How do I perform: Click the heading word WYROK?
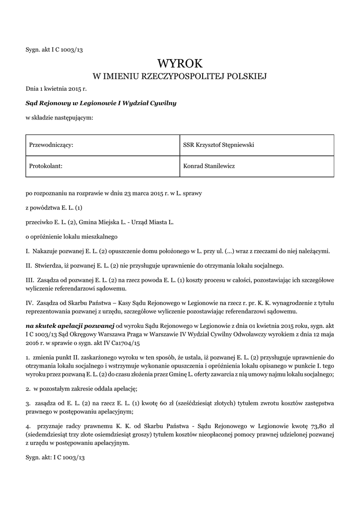pos(180,63)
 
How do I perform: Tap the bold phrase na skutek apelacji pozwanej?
pos(70,326)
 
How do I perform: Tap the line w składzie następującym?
pos(60,118)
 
